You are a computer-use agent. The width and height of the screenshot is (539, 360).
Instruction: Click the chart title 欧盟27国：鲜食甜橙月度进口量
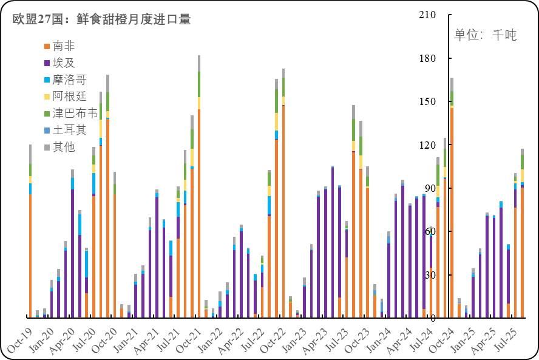(102, 19)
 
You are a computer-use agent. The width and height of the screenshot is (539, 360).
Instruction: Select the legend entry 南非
(64, 46)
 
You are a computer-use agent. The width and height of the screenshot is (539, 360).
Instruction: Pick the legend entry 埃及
(64, 63)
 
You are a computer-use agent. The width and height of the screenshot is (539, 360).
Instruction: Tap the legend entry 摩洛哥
(69, 80)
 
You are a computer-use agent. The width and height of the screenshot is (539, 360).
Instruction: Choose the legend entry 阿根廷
(69, 97)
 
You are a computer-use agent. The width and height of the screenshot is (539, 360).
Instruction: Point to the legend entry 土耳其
(69, 130)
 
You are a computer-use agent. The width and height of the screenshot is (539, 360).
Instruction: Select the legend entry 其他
(64, 147)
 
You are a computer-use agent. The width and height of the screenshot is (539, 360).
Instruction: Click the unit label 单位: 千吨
(485, 35)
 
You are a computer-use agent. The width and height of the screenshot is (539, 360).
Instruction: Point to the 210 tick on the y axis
(428, 15)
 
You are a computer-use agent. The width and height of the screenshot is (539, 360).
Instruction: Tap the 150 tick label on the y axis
(428, 101)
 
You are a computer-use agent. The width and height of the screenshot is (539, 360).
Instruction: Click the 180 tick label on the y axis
(428, 58)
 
